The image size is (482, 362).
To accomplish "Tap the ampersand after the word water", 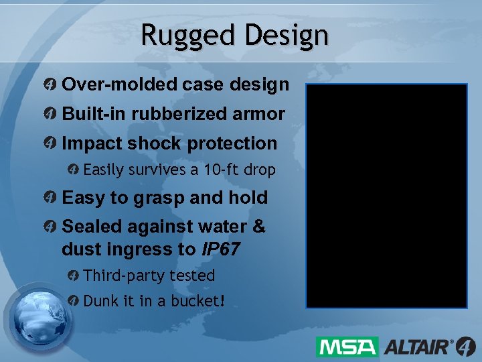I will (258, 227).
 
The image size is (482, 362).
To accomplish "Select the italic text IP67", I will (221, 249).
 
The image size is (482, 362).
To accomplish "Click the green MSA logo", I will (347, 347).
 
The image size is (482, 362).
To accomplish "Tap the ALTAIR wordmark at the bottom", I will (416, 347).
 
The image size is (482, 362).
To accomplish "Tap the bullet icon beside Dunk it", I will (74, 301).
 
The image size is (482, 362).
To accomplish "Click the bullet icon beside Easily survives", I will (74, 170).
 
